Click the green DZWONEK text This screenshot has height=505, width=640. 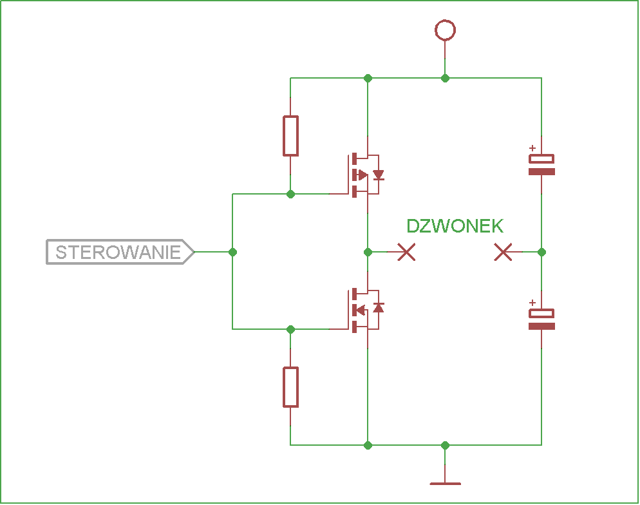(x=455, y=226)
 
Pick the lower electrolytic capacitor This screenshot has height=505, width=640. (x=541, y=319)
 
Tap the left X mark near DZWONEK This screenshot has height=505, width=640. (x=406, y=252)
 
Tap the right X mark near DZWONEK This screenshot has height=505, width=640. (x=503, y=252)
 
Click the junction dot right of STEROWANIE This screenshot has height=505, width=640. (x=232, y=252)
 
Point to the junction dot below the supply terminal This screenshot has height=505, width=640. (x=445, y=78)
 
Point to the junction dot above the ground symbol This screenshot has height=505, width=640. (x=445, y=445)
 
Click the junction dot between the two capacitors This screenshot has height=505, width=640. (x=541, y=252)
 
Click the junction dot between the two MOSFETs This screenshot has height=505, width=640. (x=368, y=252)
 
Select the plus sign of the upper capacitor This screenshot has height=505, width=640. (x=532, y=148)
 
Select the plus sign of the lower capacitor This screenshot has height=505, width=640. (x=532, y=303)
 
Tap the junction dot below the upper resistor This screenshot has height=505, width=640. (x=290, y=194)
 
